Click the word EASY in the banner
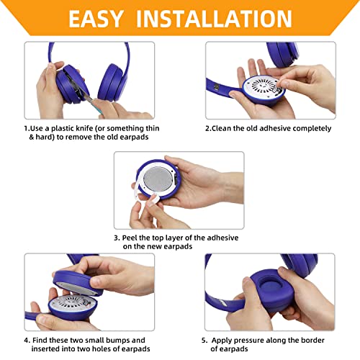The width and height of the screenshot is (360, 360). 96,19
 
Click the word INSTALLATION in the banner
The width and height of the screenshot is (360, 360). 214,19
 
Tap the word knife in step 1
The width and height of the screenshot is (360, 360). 84,128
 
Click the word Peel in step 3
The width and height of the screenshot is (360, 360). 130,238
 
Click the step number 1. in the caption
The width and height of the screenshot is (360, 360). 27,128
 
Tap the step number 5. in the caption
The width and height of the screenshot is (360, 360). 204,341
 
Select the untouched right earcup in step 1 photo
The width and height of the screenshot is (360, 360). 112,83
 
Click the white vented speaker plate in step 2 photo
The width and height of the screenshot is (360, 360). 264,87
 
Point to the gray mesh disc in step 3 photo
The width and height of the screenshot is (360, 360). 158,179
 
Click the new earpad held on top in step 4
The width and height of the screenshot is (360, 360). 77,283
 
